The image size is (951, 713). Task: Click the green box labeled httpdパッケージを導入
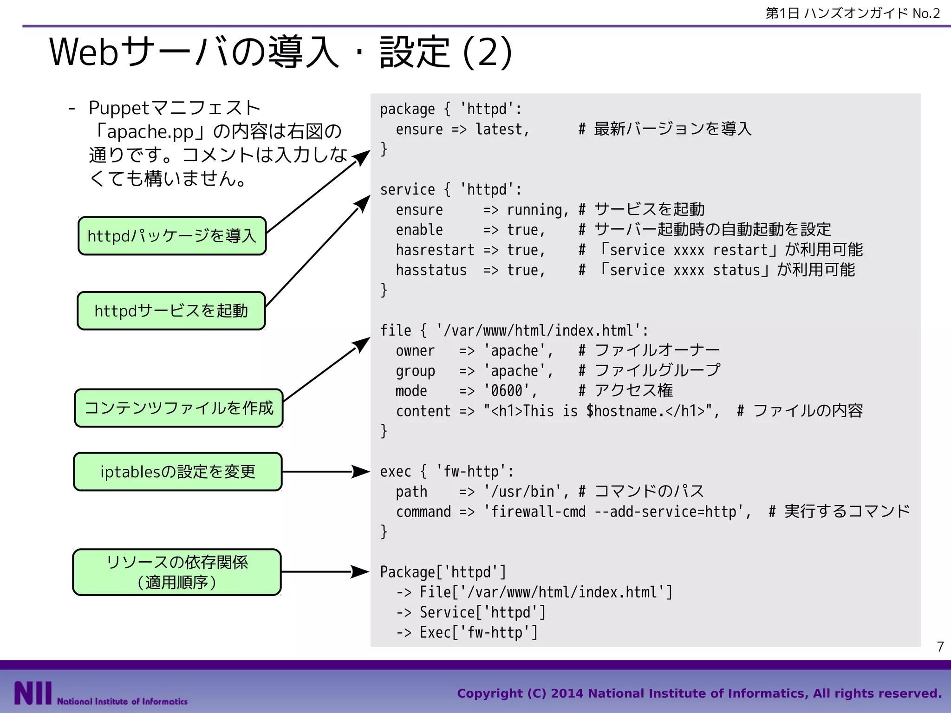coord(172,236)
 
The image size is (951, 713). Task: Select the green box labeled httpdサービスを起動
coord(171,311)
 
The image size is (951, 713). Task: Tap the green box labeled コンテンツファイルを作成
coord(179,408)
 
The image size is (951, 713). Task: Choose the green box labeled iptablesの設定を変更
coord(178,472)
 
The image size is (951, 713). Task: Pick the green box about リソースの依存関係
coord(177,572)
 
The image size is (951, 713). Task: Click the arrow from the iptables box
coord(325,472)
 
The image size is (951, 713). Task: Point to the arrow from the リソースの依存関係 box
coord(325,572)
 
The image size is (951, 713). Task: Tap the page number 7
coord(940,647)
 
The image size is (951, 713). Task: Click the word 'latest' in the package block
coord(499,129)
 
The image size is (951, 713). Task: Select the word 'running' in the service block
coord(534,210)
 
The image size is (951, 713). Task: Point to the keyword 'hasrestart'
coord(435,250)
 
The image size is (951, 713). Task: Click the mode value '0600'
coord(507,391)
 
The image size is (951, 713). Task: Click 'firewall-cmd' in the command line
coord(538,512)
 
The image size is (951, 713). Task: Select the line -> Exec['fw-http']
coord(467,633)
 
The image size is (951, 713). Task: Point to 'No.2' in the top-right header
coord(926,13)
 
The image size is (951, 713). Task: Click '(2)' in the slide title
coord(488,52)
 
